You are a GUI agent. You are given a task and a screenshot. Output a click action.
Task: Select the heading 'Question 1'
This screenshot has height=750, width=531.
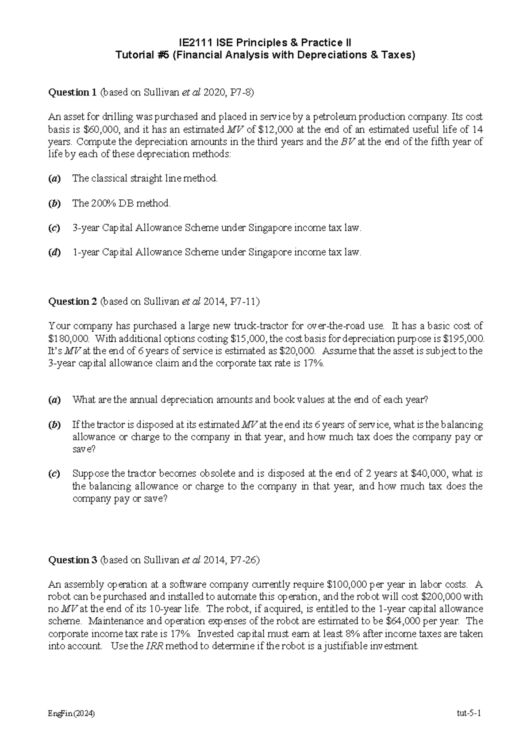coord(72,92)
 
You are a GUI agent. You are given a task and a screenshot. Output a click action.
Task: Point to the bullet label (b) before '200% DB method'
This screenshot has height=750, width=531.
coord(54,203)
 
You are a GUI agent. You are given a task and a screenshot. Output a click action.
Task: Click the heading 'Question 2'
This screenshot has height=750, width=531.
coord(72,302)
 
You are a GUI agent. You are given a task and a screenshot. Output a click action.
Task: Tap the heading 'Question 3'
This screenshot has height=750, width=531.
coord(72,560)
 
